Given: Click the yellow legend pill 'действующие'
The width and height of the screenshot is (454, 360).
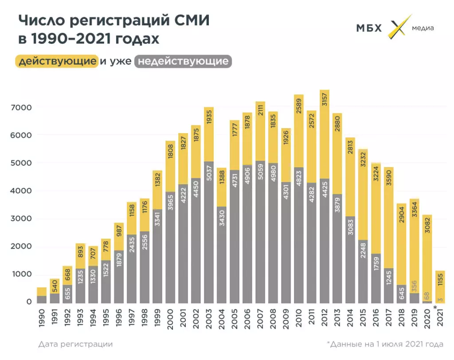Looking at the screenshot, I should [x=56, y=61].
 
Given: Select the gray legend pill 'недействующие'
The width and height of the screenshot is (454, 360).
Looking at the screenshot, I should [x=183, y=61].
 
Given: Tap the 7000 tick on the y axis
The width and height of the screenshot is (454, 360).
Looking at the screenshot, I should [x=23, y=107].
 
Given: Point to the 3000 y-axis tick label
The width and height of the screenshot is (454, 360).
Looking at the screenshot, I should [x=23, y=219].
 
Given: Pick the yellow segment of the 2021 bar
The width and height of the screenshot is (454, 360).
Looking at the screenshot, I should [x=440, y=286].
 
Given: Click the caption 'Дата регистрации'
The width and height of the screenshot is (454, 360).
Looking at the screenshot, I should [x=75, y=344].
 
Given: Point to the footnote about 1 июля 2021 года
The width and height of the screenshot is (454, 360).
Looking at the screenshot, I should [x=384, y=344].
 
